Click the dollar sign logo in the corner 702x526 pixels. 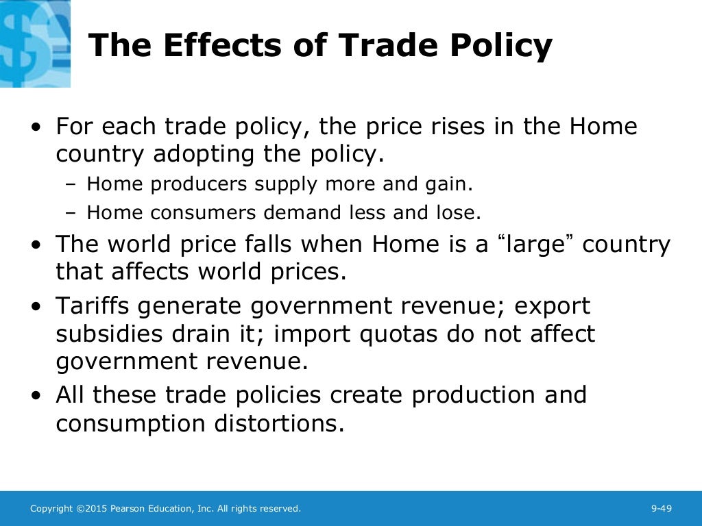(x=34, y=42)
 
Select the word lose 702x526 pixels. (x=455, y=212)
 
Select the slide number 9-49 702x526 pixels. (x=661, y=508)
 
